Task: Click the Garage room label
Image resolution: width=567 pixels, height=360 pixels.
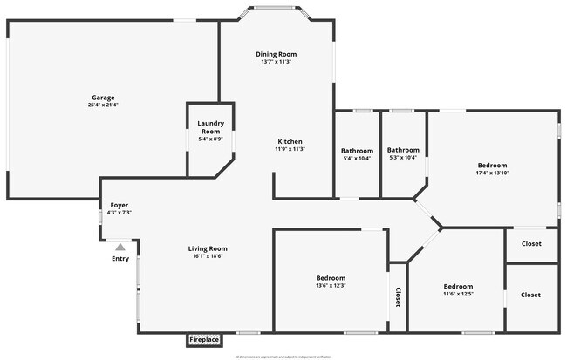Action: coord(103,98)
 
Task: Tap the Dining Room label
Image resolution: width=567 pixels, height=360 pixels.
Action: coord(276,54)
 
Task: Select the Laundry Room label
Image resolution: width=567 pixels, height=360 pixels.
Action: coord(210,127)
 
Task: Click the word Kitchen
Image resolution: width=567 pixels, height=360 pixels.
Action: coord(290,141)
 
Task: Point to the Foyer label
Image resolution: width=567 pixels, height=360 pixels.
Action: coord(119,205)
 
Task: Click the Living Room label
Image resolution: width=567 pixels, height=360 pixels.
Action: coord(209,248)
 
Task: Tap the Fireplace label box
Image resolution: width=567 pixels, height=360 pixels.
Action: coord(204,339)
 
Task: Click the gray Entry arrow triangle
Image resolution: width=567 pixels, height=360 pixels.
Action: coord(120,248)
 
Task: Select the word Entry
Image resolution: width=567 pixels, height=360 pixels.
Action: coord(120,259)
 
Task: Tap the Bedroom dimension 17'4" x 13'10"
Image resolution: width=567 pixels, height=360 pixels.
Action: coord(492,173)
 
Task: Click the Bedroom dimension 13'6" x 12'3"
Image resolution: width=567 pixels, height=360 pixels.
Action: coord(331,286)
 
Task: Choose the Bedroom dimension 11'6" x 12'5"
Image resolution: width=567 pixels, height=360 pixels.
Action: coord(458,295)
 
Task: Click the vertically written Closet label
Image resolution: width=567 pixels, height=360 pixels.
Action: coord(398,297)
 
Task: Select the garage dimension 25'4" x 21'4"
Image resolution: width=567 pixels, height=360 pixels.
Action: coord(103,105)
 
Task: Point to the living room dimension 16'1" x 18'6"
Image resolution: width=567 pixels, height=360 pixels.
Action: coord(209,256)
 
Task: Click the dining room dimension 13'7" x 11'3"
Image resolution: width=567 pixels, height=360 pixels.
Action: coord(276,62)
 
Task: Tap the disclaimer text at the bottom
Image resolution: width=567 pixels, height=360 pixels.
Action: coord(283,357)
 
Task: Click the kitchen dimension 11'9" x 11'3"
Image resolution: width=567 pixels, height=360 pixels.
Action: coord(290,149)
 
